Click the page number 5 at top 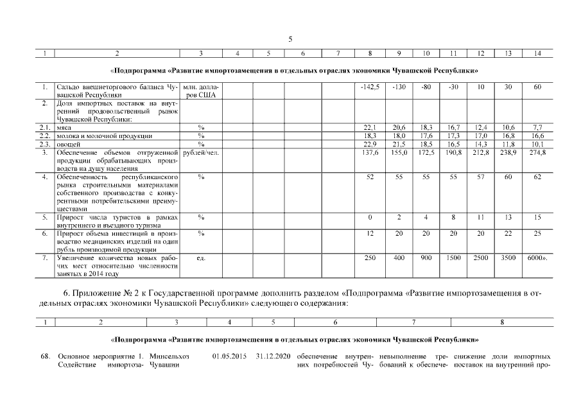pyautogui.click(x=290, y=39)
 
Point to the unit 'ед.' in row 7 pyautogui.click(x=201, y=258)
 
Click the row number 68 pyautogui.click(x=46, y=356)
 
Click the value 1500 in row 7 pyautogui.click(x=453, y=258)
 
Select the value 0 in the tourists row pyautogui.click(x=369, y=218)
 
